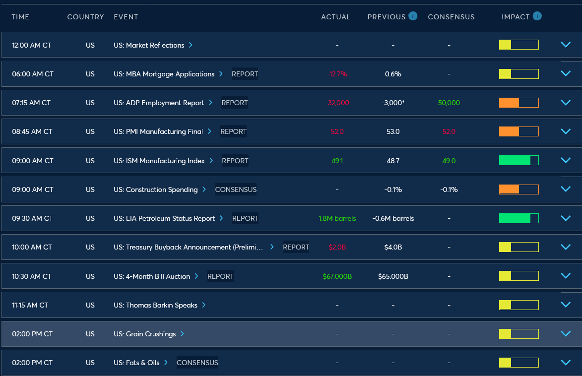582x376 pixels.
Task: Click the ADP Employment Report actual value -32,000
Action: pos(337,103)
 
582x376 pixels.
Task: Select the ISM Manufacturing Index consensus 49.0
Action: pos(449,161)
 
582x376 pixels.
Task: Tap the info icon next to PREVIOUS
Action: pos(413,16)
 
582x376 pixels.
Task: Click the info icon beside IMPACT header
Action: pos(537,16)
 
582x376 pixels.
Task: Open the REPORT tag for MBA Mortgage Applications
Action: pos(245,74)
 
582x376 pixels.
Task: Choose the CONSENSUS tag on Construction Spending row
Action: pos(236,189)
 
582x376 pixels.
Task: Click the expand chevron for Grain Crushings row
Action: pos(565,334)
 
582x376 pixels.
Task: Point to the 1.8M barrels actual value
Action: pos(337,218)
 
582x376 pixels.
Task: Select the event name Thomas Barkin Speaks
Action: pos(155,305)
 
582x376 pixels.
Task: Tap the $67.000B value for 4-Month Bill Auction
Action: pos(337,276)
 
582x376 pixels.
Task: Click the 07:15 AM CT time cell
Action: pos(31,103)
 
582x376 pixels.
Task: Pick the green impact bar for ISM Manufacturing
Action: pos(518,160)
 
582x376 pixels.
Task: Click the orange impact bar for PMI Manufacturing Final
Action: pos(518,131)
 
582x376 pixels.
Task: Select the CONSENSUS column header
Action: pos(451,17)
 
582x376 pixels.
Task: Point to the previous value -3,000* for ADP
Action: pos(393,103)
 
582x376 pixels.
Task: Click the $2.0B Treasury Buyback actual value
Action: pos(337,247)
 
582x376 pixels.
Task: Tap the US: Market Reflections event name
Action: pos(149,45)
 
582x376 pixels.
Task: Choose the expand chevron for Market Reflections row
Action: pos(565,45)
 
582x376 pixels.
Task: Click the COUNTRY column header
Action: pos(85,17)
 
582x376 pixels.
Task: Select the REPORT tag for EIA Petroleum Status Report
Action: pos(245,218)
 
